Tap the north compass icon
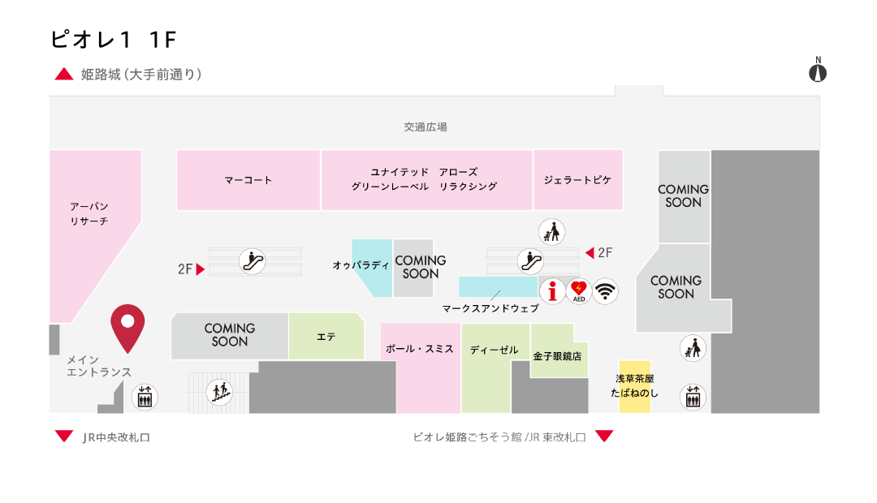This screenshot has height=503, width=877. point(818,71)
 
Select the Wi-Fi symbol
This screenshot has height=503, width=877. point(605,290)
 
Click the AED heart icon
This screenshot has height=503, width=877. point(578,290)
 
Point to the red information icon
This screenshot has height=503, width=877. point(552,290)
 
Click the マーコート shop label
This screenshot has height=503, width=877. point(248,180)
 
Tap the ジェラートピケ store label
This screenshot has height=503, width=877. point(577,180)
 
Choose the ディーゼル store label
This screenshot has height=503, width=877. point(494,350)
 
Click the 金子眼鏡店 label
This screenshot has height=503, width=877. point(557,355)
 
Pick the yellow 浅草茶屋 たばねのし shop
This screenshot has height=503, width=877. point(634,385)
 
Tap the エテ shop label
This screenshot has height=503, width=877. point(326,336)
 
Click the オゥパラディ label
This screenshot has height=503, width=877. point(361,265)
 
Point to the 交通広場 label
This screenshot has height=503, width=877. point(426,127)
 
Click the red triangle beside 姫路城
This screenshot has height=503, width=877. point(64,75)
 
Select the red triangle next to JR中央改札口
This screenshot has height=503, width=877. point(64,436)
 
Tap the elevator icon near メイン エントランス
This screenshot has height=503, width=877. point(145,397)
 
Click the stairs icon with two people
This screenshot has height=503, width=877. point(219,392)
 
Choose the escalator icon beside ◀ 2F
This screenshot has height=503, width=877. point(531,261)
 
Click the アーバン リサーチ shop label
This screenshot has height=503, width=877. point(89,213)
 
